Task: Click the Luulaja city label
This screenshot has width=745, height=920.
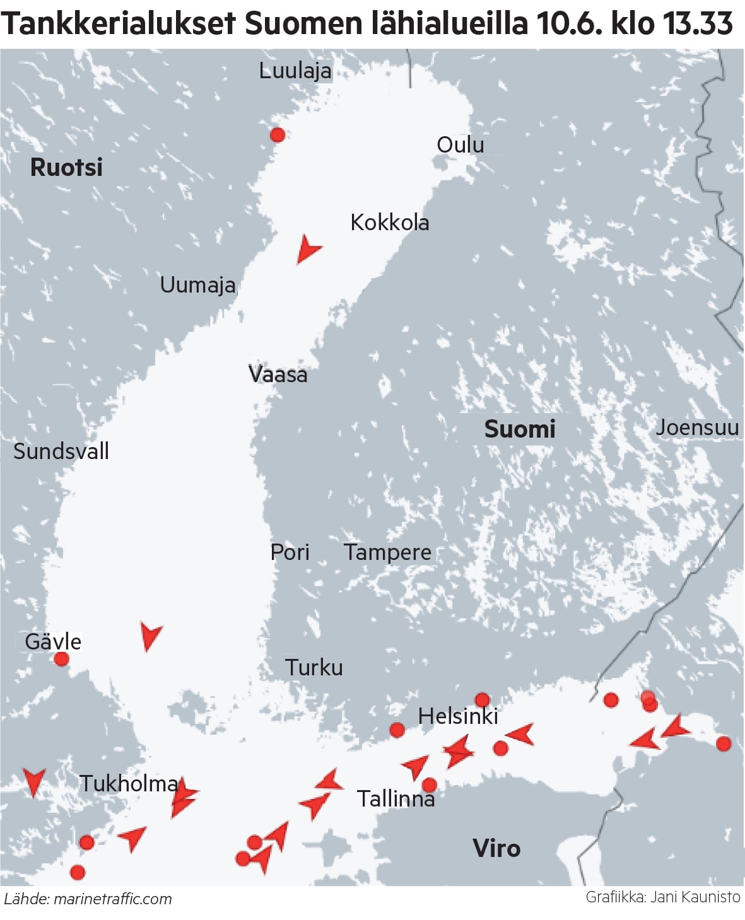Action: pos(295,71)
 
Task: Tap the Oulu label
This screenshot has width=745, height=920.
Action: pos(460,145)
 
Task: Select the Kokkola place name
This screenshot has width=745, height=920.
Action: pos(389,223)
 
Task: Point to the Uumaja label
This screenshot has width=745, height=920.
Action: pos(197,285)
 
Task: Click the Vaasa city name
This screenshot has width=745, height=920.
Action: pos(278,375)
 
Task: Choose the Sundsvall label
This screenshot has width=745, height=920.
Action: pos(61,451)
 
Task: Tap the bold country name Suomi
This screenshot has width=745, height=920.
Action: pos(519,429)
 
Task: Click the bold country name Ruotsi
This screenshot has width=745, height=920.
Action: pos(66,168)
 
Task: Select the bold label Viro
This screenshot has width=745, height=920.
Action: pos(496,848)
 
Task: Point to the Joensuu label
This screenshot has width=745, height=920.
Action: pos(697,428)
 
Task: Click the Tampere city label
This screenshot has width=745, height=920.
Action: pos(387,552)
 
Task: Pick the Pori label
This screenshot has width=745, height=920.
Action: pos(290,552)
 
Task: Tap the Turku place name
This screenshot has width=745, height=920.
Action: pos(314,667)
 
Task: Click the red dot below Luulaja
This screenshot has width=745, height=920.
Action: pos(277,134)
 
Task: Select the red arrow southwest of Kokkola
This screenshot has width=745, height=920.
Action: pos(307,249)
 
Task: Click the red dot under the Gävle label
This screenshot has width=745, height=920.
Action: pos(61,660)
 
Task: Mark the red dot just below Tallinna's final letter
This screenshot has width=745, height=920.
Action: pos(429,785)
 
